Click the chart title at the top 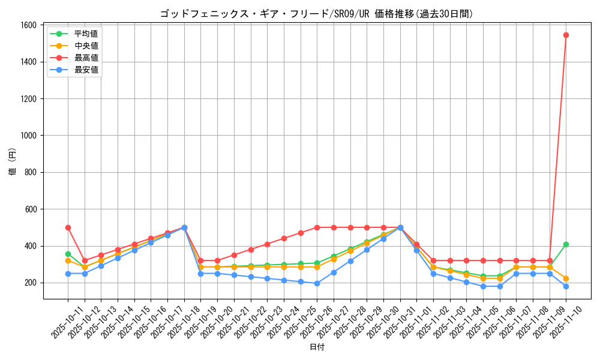pos(316,14)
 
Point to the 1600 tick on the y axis pos(28,25)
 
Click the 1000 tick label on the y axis pos(28,136)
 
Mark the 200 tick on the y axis pos(31,283)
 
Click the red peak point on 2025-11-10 pos(566,35)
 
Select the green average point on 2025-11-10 pos(566,244)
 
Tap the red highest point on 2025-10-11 pos(68,227)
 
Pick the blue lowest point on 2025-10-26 pos(317,283)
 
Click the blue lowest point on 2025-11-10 pos(566,286)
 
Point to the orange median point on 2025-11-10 pos(566,278)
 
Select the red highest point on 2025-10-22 pos(251,250)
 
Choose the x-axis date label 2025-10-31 pos(391,324)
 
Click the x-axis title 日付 pos(317,347)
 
